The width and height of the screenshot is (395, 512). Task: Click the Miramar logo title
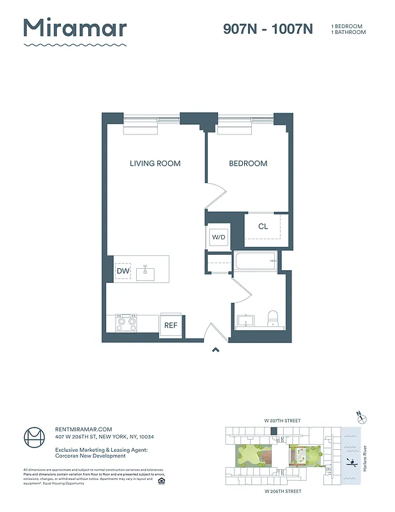(75, 29)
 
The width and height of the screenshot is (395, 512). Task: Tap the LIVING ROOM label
(155, 163)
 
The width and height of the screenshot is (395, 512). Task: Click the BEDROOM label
(248, 163)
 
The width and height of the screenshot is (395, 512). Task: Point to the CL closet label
(263, 227)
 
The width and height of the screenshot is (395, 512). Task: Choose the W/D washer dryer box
(219, 237)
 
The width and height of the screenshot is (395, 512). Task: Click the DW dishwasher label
(123, 271)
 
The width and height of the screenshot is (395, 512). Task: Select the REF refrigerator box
(171, 325)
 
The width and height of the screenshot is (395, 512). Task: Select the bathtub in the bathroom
(254, 260)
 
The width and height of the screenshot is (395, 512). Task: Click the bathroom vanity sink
(245, 320)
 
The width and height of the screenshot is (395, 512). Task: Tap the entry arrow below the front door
(215, 349)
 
